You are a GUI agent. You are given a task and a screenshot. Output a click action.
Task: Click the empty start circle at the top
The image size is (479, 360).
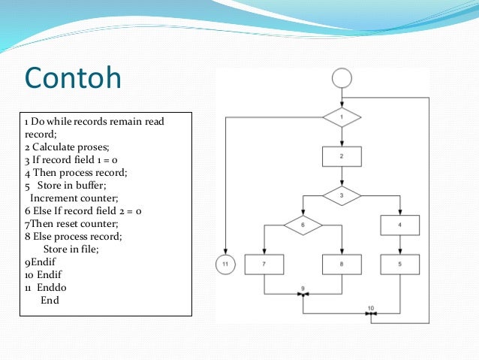342,77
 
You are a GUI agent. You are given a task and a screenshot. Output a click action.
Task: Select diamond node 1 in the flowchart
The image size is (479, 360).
342,117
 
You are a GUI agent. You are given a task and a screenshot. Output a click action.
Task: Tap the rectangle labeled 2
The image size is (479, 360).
342,156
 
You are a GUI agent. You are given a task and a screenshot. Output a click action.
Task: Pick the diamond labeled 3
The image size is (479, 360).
342,195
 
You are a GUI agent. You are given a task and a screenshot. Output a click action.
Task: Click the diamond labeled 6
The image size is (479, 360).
303,225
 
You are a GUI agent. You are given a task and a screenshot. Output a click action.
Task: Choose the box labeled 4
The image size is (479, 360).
400,225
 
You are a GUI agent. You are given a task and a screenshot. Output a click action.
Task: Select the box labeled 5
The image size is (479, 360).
400,264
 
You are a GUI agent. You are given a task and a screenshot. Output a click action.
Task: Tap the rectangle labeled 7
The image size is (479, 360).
264,264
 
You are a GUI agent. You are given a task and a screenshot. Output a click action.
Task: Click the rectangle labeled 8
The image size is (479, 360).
342,264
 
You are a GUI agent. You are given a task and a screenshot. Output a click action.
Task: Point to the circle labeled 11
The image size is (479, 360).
225,264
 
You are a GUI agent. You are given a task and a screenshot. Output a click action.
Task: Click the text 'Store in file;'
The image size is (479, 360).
71,250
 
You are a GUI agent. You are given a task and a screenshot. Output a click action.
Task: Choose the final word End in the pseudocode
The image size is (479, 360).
50,301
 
